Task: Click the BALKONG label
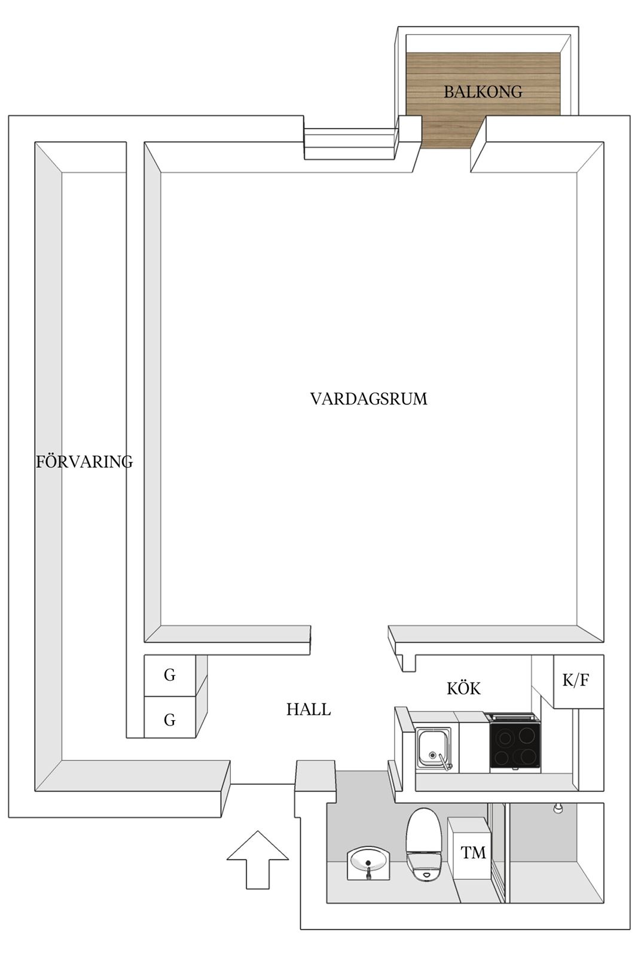point(483,92)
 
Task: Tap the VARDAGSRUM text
point(368,398)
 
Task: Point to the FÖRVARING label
point(84,461)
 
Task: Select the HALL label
point(309,709)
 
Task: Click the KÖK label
point(464,688)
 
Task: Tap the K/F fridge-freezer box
point(578,681)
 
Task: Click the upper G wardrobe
point(170,675)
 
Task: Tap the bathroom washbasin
point(368,864)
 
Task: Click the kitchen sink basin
point(433,748)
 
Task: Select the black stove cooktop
point(515,745)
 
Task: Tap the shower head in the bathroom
point(557,808)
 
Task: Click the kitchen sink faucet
point(444,762)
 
